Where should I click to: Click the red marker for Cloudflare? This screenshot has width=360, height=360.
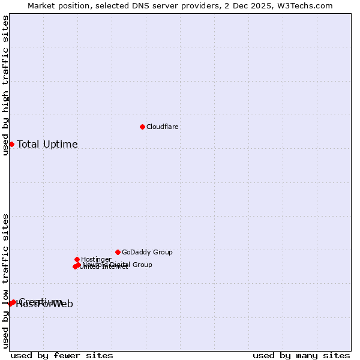[x=142, y=127]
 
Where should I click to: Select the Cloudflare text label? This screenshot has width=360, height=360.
[x=163, y=127]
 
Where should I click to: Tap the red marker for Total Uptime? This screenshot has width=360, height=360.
[x=11, y=144]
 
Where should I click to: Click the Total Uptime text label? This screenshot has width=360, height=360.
[x=47, y=144]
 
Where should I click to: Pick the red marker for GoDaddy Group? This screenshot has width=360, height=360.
[x=118, y=252]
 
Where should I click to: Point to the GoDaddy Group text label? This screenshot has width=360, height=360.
[x=147, y=253]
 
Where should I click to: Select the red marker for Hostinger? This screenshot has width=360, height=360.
[x=77, y=259]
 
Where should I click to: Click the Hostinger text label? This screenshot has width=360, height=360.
[x=96, y=260]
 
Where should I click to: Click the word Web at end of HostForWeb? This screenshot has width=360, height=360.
[x=63, y=304]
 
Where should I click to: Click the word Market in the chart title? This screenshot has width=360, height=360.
[x=43, y=6]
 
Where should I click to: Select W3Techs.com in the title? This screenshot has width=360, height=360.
[x=306, y=6]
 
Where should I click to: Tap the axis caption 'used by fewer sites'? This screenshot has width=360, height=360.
[x=62, y=355]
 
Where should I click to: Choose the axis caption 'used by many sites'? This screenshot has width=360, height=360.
[x=301, y=355]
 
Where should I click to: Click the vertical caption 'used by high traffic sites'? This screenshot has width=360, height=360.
[x=6, y=85]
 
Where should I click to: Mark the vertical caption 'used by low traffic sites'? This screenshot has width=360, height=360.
[x=6, y=280]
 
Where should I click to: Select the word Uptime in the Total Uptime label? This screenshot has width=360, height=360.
[x=60, y=144]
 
